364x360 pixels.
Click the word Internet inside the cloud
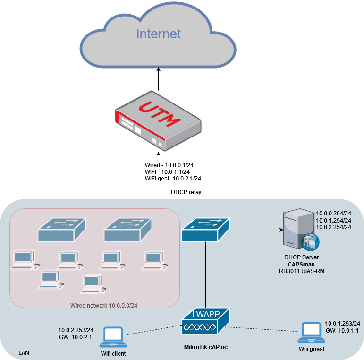click(158, 34)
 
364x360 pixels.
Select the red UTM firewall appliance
click(158, 121)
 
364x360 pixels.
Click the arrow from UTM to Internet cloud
click(158, 78)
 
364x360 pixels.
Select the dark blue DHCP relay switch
click(206, 230)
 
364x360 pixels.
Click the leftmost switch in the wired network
click(62, 230)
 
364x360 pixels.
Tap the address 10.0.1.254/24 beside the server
click(333, 220)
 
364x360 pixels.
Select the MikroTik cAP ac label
click(205, 347)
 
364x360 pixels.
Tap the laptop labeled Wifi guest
click(312, 333)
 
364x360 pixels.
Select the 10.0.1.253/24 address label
click(343, 323)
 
